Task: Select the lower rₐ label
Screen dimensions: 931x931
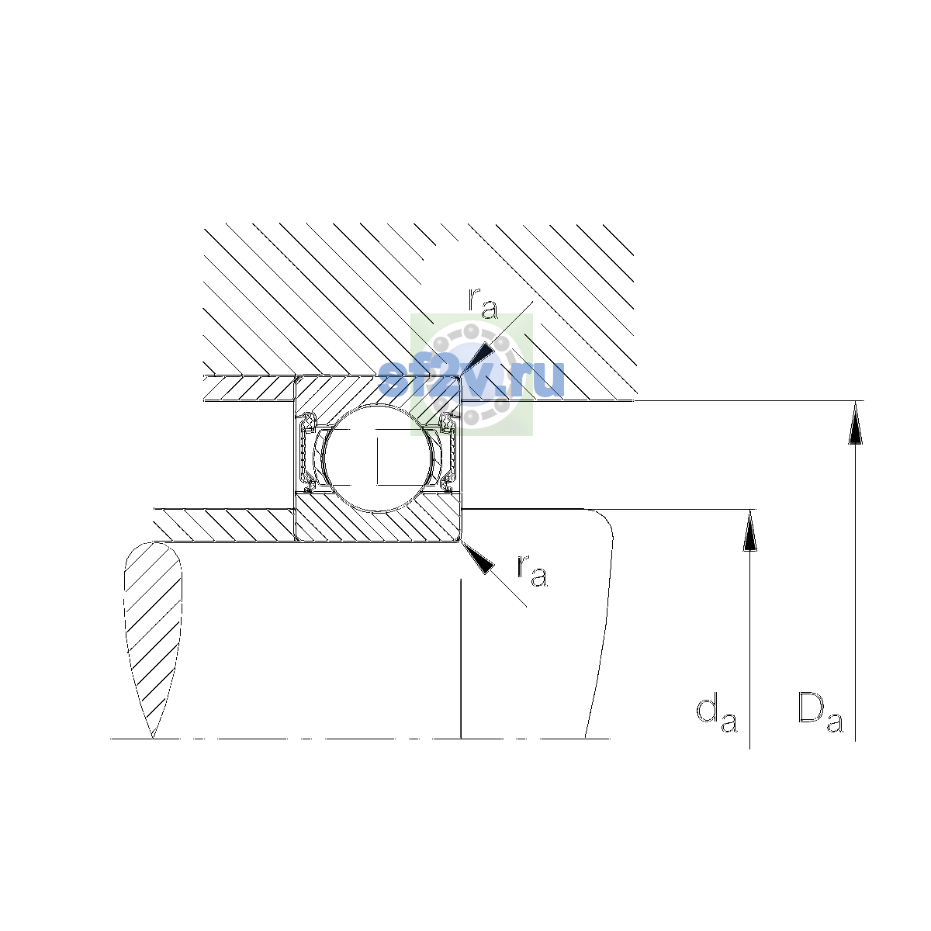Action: tap(532, 570)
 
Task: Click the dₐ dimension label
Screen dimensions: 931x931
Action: tap(717, 715)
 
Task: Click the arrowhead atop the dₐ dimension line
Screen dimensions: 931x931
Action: tap(749, 531)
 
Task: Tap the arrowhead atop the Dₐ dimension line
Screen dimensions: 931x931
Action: tap(855, 423)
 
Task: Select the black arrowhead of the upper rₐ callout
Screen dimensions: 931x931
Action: tap(477, 358)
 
